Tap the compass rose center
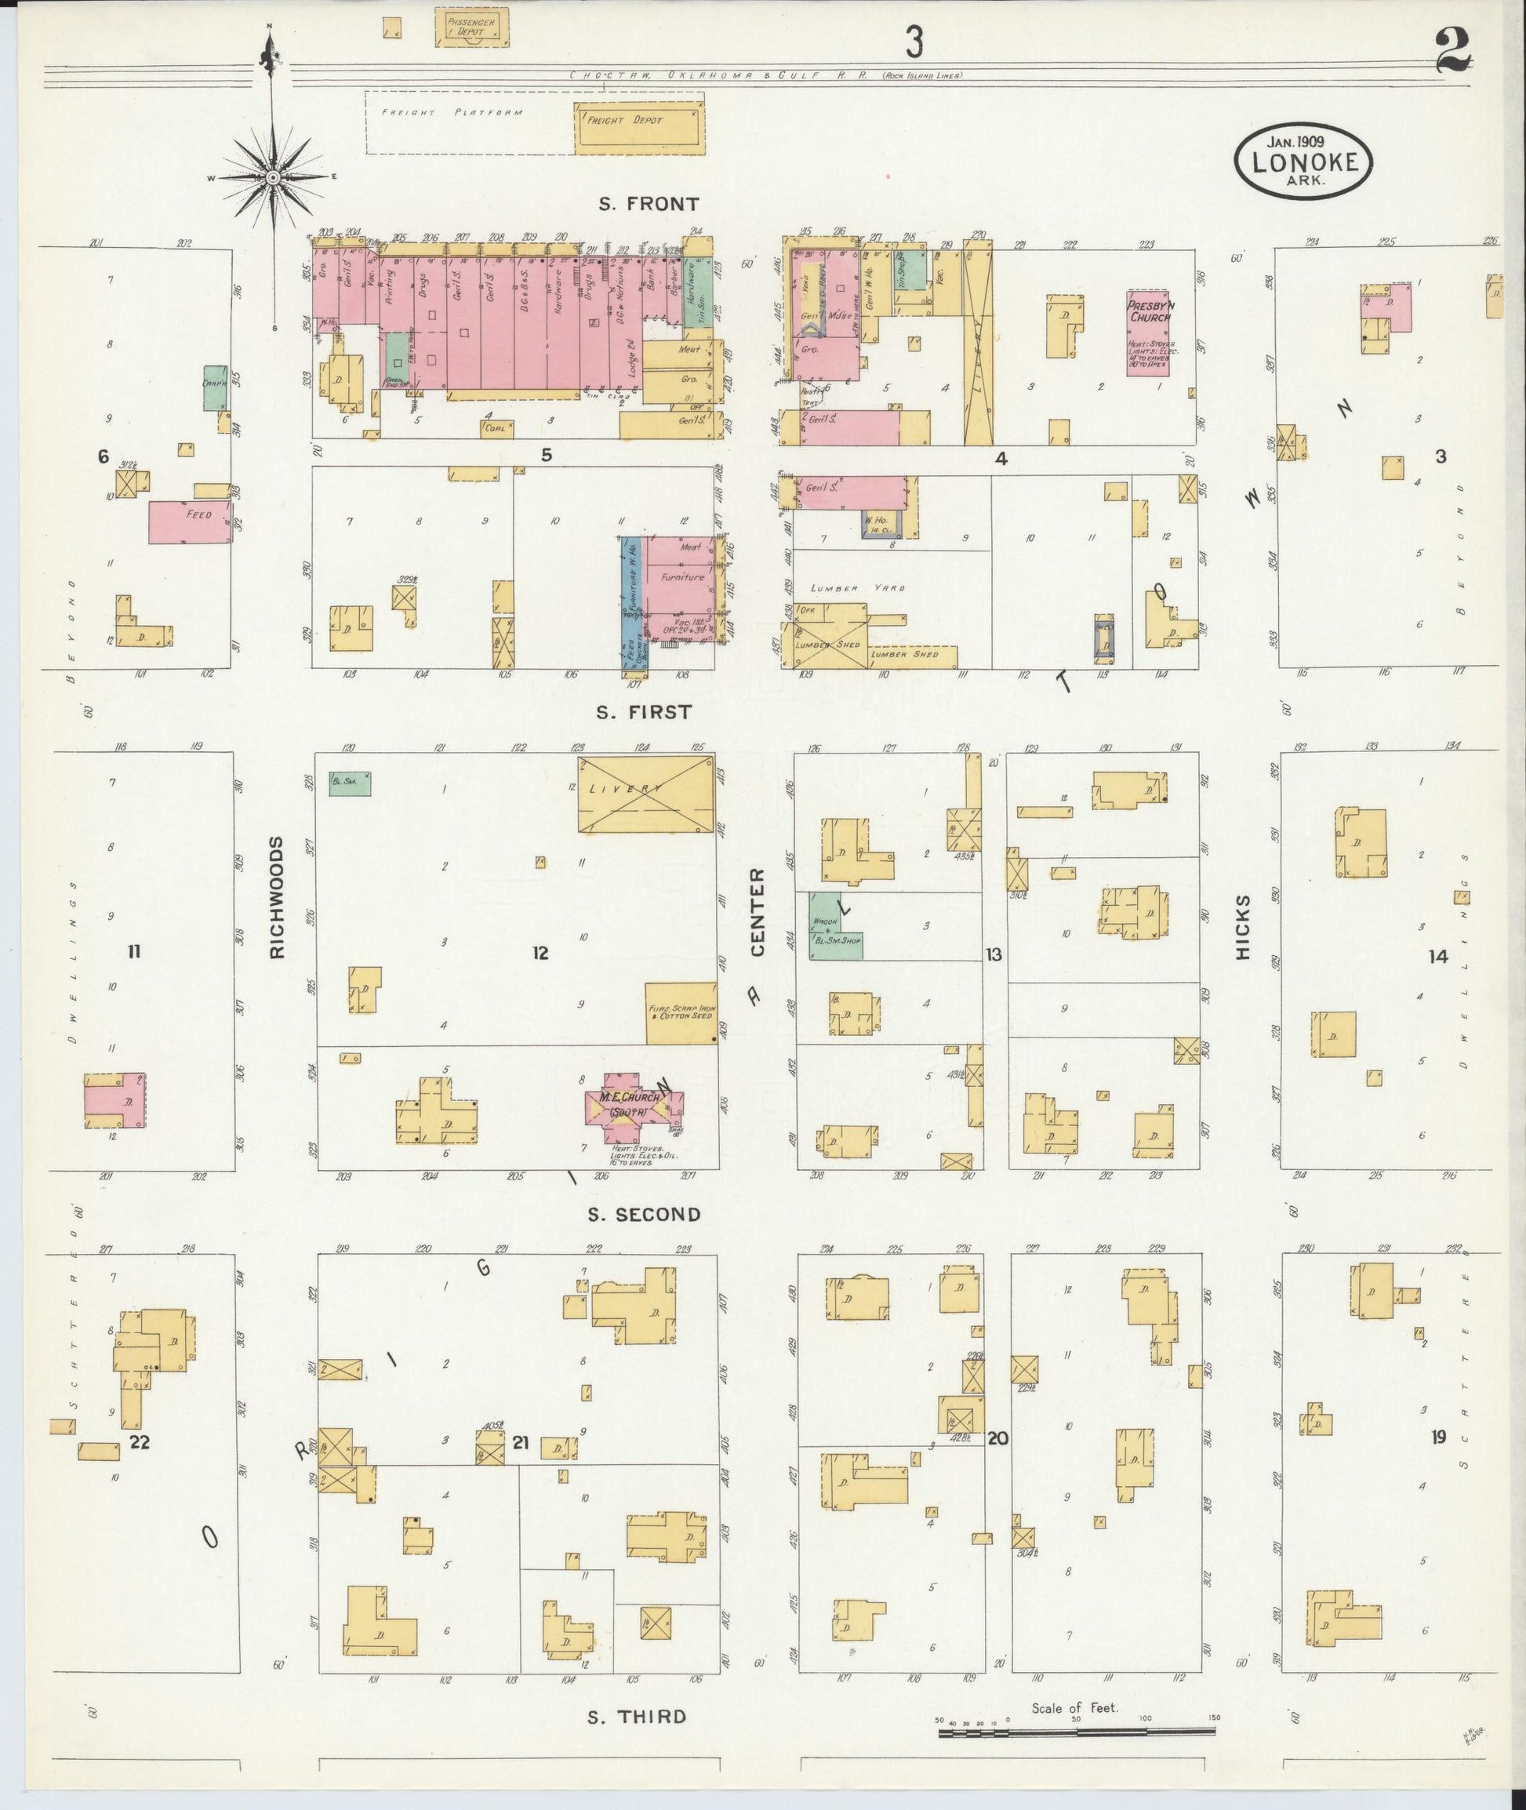coord(273,177)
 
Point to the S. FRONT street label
coord(649,204)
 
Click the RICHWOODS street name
coord(277,897)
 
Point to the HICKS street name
coord(1244,927)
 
